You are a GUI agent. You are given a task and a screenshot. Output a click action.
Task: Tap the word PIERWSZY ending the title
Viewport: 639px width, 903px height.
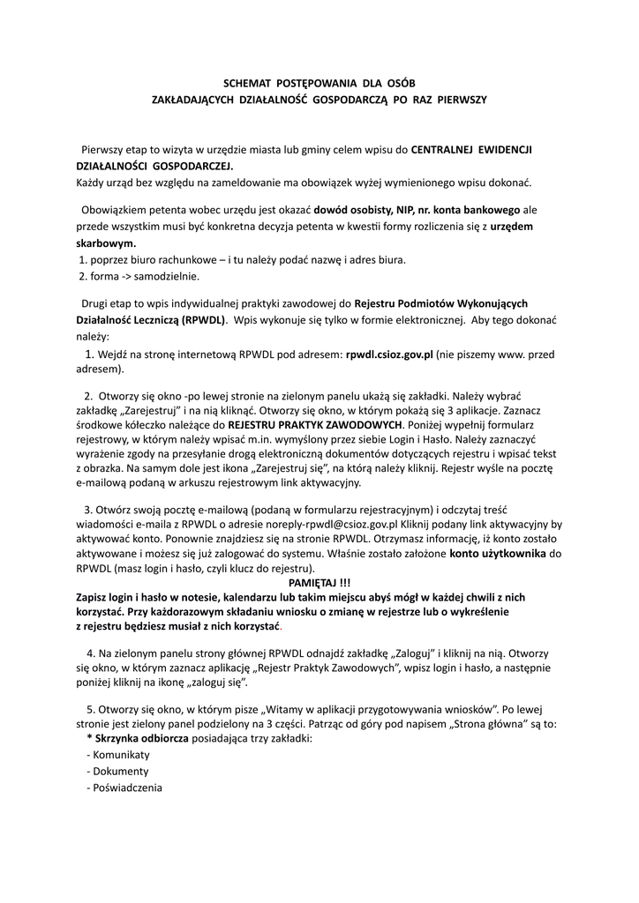(x=455, y=100)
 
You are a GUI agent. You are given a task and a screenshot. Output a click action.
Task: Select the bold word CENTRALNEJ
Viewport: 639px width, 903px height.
(x=452, y=150)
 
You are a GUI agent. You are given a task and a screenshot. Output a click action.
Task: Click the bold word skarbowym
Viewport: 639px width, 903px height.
(x=106, y=243)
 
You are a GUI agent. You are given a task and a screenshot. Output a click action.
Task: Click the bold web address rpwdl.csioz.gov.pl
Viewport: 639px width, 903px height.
(x=389, y=354)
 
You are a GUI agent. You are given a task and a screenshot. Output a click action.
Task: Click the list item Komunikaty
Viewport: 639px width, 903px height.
(x=121, y=755)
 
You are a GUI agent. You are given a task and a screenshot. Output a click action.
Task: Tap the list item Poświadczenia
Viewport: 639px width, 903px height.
(x=127, y=787)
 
